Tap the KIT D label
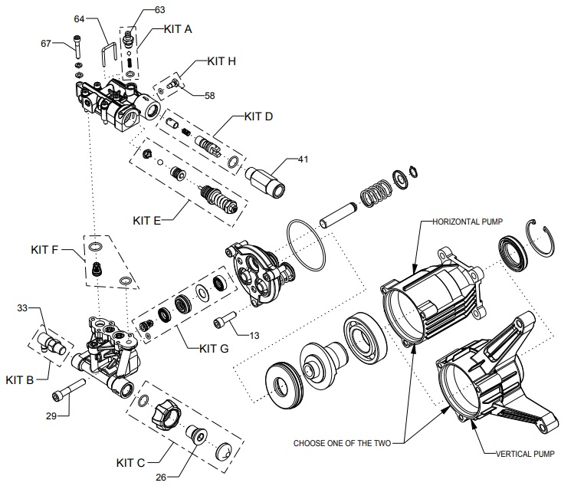point(260,117)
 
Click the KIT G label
point(215,349)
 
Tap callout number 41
point(304,160)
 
